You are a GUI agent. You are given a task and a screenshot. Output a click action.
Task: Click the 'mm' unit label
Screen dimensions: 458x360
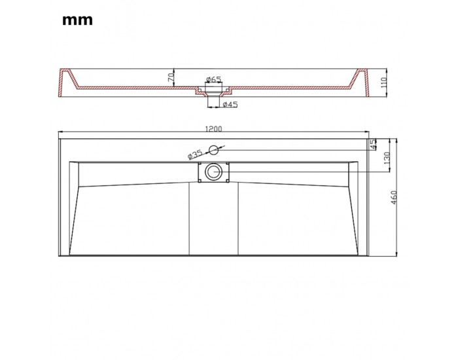pos(77,20)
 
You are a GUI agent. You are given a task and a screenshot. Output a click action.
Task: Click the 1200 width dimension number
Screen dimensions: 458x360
pos(214,129)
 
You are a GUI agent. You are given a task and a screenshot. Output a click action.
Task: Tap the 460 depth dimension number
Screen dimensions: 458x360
pos(394,198)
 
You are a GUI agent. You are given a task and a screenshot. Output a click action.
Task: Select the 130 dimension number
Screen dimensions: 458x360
pos(387,158)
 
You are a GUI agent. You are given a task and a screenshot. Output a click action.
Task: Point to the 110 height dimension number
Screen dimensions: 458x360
pos(383,82)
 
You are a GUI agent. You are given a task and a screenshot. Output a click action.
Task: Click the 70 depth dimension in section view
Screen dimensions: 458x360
pos(171,77)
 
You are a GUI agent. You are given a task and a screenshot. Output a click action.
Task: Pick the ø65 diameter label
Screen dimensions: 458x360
pos(214,79)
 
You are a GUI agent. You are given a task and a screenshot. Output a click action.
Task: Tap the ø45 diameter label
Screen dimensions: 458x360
pos(230,104)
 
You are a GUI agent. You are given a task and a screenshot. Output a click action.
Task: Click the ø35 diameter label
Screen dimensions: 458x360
pos(195,154)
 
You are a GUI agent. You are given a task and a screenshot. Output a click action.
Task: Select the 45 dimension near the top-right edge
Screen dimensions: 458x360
pos(373,145)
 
